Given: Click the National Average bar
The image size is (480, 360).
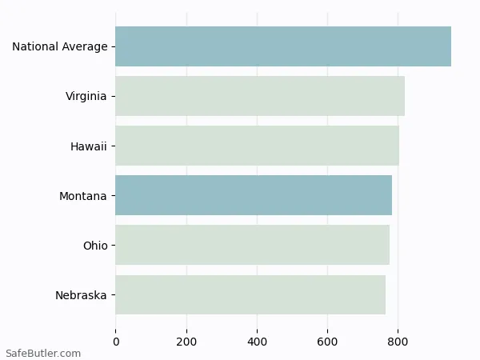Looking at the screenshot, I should [283, 46].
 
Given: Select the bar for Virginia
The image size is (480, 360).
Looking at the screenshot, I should [260, 96].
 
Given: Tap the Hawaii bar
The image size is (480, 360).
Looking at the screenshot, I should [257, 146].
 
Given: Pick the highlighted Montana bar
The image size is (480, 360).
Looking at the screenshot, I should [254, 195].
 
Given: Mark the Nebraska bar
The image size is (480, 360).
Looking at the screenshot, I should [250, 294].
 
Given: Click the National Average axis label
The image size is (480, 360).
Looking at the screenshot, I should [59, 47].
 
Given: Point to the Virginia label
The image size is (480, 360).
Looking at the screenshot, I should [86, 97].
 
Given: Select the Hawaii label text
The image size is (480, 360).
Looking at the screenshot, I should [88, 146].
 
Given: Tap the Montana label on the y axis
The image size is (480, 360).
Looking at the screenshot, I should [82, 196].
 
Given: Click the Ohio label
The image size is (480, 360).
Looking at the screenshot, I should [94, 246].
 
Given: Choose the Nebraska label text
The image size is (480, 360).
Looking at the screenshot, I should [81, 295].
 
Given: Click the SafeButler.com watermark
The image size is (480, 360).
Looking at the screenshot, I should [43, 353].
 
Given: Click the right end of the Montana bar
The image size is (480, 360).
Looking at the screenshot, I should [391, 195].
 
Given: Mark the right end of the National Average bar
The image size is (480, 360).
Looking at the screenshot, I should [450, 46].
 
